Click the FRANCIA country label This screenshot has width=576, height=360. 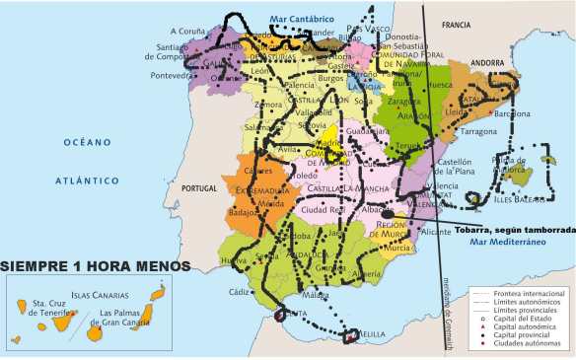coord(457,25)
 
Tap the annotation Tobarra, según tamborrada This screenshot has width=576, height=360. coord(513,228)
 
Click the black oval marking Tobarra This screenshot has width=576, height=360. coord(390,214)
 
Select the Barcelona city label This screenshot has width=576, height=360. coord(512,113)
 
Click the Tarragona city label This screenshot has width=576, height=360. coord(479,130)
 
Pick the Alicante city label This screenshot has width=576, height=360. coord(435,231)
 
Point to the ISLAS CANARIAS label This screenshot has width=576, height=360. coord(99,295)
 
